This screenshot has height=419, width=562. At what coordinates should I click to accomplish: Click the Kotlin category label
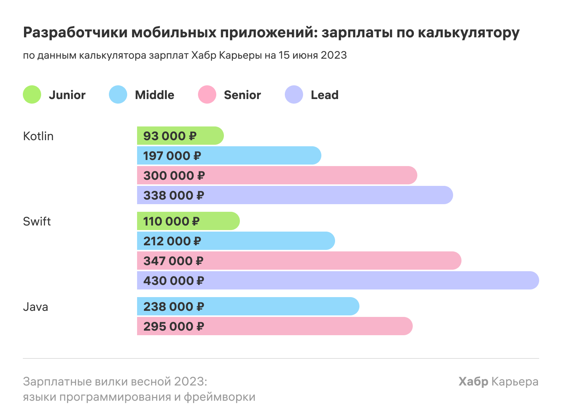pos(38,136)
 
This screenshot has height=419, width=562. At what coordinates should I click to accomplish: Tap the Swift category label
pos(37,221)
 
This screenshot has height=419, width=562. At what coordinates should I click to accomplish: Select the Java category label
pos(35,307)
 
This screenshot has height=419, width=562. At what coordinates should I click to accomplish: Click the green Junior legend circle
pos(32,94)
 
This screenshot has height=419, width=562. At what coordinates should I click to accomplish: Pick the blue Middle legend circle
pos(118,94)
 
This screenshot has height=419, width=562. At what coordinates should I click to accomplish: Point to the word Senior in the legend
pos(242,95)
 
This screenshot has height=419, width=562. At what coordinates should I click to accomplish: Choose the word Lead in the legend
pos(324,95)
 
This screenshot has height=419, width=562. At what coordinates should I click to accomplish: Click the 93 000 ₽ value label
pos(170,136)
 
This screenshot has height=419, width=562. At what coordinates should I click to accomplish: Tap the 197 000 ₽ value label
pos(172,156)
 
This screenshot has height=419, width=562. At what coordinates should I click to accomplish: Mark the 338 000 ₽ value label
pos(174,195)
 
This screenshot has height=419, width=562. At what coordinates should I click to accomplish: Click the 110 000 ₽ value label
pos(171,221)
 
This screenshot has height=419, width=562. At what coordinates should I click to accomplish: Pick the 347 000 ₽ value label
pos(173,261)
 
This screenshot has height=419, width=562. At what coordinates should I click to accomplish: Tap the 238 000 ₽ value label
pos(174,307)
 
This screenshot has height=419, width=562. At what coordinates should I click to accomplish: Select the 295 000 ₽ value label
pos(174,326)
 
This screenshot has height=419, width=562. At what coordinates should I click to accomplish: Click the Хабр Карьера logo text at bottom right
pos(498,381)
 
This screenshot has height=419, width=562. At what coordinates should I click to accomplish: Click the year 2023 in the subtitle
pos(334,55)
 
